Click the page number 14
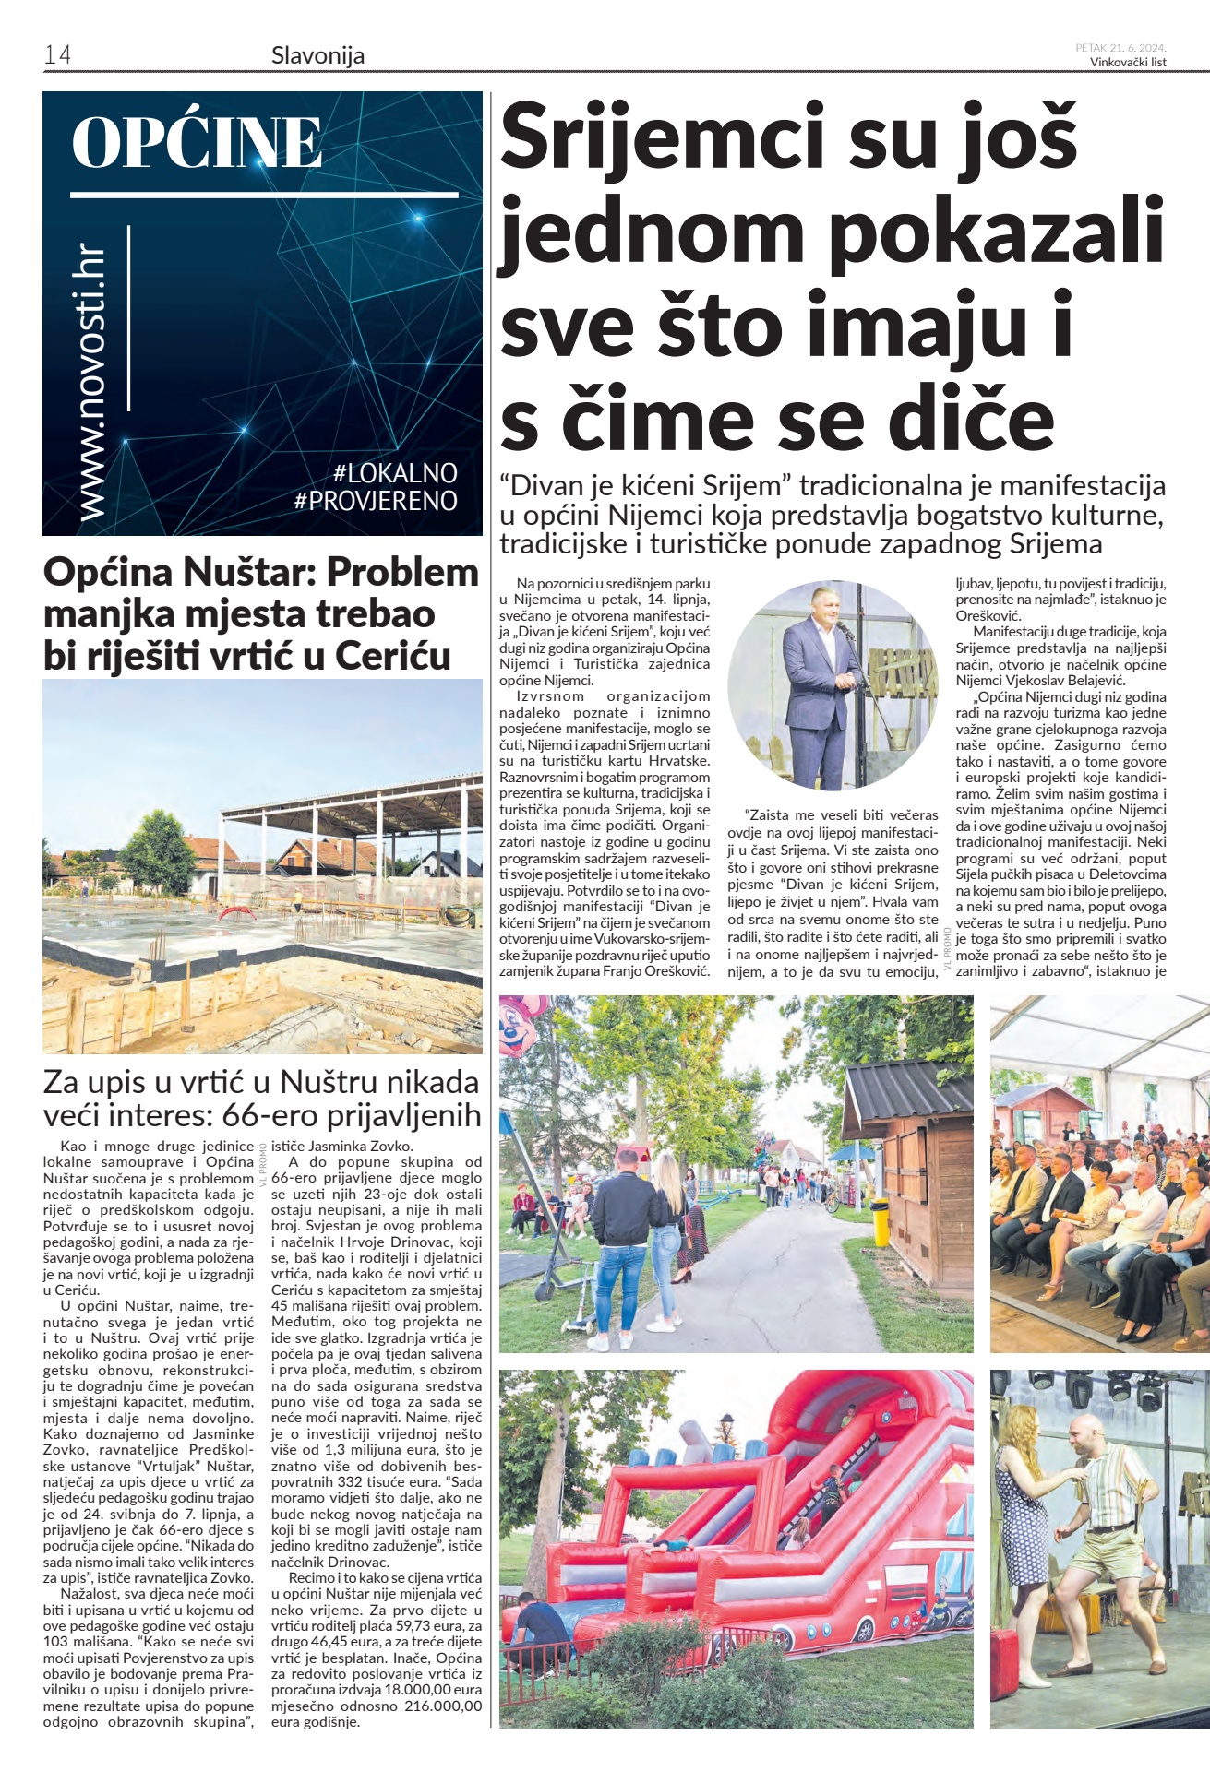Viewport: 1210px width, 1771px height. pyautogui.click(x=57, y=55)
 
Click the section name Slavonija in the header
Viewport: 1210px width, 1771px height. pyautogui.click(x=317, y=55)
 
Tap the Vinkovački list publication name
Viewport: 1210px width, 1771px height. pyautogui.click(x=1128, y=63)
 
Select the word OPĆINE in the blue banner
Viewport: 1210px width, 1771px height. pyautogui.click(x=197, y=143)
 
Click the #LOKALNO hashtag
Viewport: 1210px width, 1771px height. pyautogui.click(x=395, y=473)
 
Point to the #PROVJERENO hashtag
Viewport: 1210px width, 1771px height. pyautogui.click(x=376, y=501)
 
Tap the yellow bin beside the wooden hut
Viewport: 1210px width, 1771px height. pyautogui.click(x=881, y=1219)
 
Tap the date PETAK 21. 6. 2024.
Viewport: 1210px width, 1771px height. pyautogui.click(x=1120, y=47)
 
